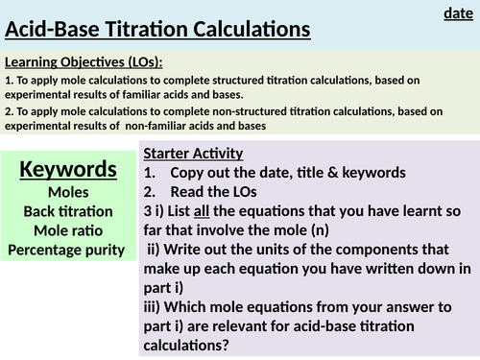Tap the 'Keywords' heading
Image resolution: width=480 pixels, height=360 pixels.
(x=68, y=171)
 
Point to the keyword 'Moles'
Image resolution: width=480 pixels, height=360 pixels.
(x=68, y=192)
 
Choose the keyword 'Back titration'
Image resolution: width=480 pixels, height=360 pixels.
(x=68, y=211)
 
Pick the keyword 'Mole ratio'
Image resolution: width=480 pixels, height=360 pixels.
(x=68, y=230)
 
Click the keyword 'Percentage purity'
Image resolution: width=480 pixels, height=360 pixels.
(x=68, y=250)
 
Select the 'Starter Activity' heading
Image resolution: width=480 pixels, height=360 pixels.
(x=192, y=154)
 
